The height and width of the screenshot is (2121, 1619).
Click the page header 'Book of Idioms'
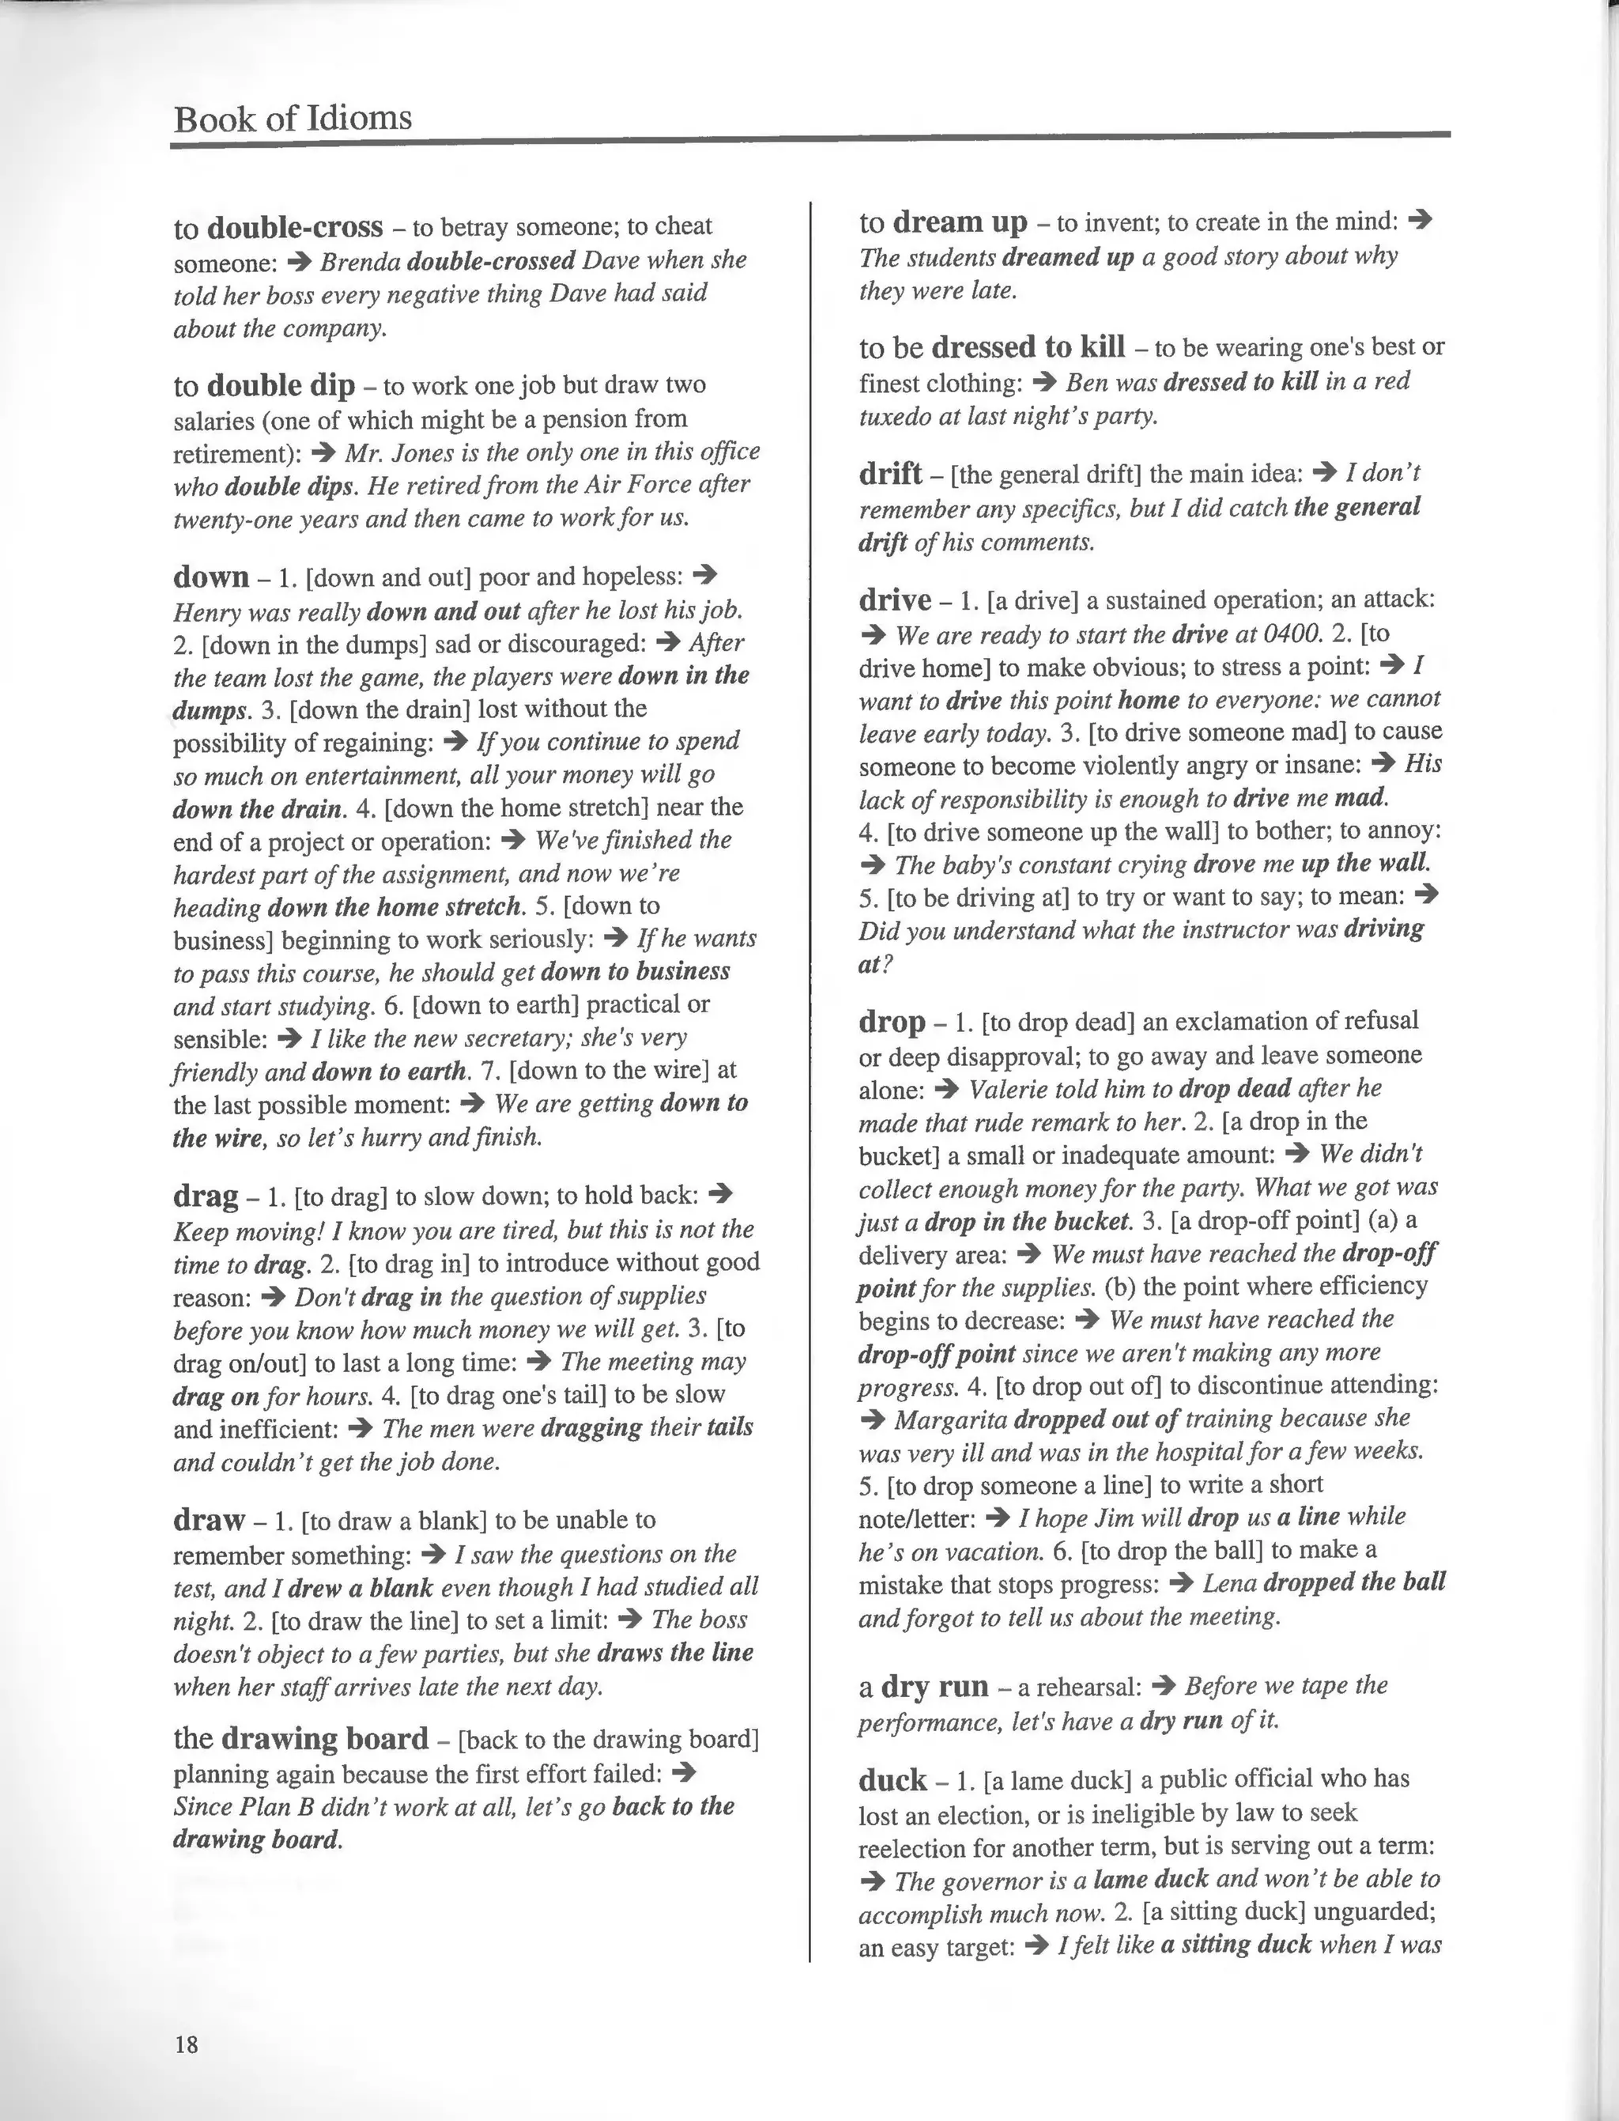tap(292, 119)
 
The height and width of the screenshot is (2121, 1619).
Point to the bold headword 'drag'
tap(206, 1196)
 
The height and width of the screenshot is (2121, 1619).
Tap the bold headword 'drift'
tap(890, 474)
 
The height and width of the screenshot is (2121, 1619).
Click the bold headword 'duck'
tap(893, 1779)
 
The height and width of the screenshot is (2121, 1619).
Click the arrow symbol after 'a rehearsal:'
tap(1163, 1685)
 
